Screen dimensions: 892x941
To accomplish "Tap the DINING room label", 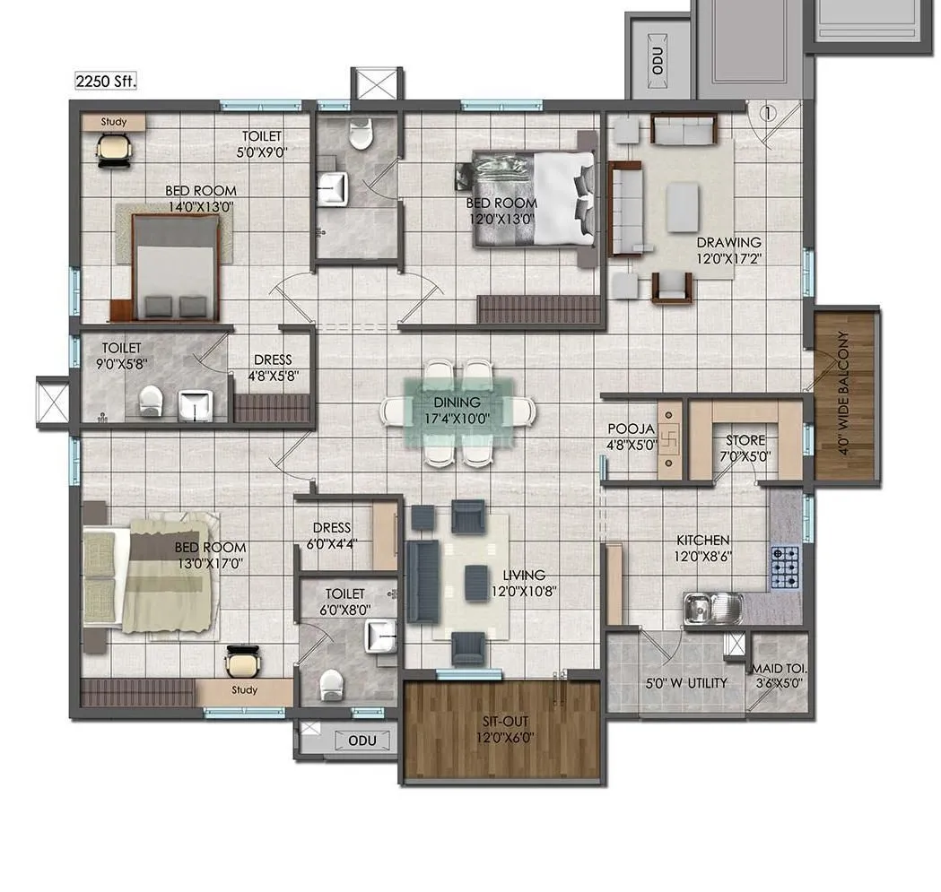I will click(x=457, y=403).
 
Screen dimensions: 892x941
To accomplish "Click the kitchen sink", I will click(x=711, y=609).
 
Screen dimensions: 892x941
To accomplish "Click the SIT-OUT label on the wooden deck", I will click(x=501, y=719).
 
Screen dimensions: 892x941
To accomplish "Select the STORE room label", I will click(x=745, y=440).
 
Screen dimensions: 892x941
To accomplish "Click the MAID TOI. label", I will click(x=779, y=669).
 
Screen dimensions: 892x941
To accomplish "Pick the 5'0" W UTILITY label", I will click(x=687, y=683).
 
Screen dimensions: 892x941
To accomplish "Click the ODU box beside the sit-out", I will click(x=362, y=740).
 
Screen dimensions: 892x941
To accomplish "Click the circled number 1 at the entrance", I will click(x=767, y=113).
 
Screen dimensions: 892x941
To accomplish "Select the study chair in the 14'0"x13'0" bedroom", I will click(x=112, y=149).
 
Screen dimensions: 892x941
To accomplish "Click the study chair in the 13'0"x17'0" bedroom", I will click(x=240, y=663).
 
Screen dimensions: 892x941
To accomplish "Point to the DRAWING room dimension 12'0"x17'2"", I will click(x=728, y=257).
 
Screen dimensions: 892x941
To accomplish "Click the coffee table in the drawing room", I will click(x=682, y=207).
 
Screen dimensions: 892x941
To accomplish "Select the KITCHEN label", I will click(x=702, y=541).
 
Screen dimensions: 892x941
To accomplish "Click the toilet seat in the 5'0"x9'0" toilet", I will click(x=361, y=135).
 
